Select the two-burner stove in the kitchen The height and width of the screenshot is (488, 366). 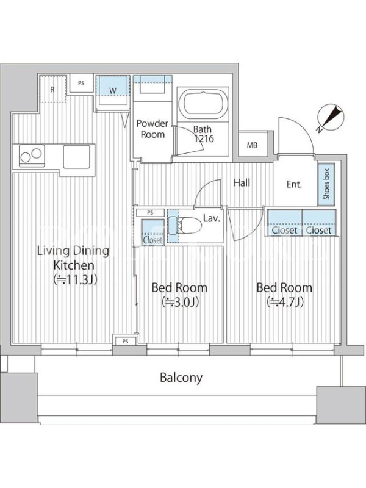pos(31,156)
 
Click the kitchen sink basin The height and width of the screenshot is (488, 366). pos(77,157)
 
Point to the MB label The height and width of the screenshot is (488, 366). pos(252,145)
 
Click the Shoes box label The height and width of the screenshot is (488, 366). pos(326,184)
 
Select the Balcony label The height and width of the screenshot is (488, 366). pos(181,378)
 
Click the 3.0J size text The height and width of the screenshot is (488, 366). pos(180,302)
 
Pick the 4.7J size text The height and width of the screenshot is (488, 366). pos(285,302)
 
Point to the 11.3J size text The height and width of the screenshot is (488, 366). pos(76,280)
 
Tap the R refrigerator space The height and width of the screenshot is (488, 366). pos(52,88)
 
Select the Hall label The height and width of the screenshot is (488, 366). pos(242,182)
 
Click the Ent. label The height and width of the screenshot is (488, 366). pos(294,184)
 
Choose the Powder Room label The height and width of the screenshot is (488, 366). pos(152,129)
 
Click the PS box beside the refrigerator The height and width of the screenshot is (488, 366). pos(81,83)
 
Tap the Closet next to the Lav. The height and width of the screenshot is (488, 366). pos(153,233)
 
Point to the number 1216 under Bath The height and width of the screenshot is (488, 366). pos(204,138)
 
